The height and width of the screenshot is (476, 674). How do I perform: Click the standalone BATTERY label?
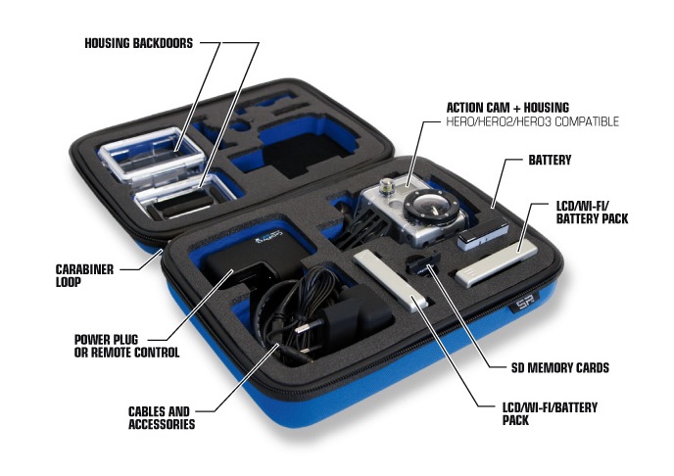tap(550, 158)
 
